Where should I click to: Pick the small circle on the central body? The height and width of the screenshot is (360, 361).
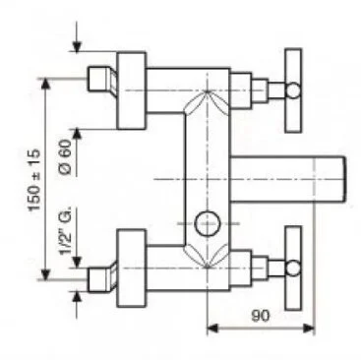pos(208,223)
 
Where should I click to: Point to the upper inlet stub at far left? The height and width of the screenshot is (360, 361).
pos(98,79)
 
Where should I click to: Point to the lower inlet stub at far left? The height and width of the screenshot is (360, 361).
pos(98,274)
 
